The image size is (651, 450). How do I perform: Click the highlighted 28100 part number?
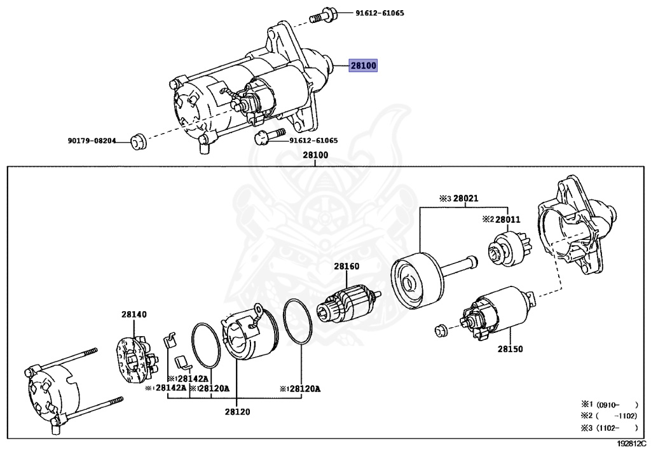pyautogui.click(x=363, y=66)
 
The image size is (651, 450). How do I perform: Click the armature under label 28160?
pyautogui.click(x=348, y=308)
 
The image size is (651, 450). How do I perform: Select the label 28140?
pyautogui.click(x=134, y=314)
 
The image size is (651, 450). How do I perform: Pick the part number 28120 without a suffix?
pyautogui.click(x=236, y=412)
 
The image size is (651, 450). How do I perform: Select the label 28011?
pyautogui.click(x=508, y=220)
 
